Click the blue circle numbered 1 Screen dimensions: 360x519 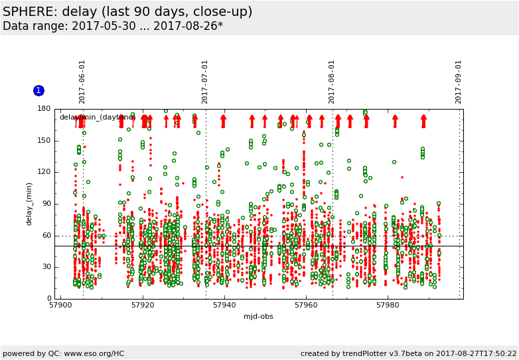click(38, 90)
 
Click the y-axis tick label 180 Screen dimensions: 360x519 click(44, 109)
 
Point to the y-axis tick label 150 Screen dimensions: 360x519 click(44, 141)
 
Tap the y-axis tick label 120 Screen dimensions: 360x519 click(44, 172)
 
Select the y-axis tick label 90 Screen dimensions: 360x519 click(46, 204)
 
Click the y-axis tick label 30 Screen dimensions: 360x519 click(46, 267)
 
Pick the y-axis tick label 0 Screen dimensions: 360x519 click(48, 299)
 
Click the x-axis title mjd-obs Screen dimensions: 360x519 click(258, 316)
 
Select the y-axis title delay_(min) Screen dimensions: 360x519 click(29, 204)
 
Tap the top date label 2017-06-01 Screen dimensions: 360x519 click(82, 82)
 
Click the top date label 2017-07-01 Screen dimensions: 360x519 click(205, 82)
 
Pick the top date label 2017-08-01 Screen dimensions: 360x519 click(332, 82)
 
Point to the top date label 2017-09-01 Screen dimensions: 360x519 click(459, 82)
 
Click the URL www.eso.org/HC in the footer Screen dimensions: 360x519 click(92, 353)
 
